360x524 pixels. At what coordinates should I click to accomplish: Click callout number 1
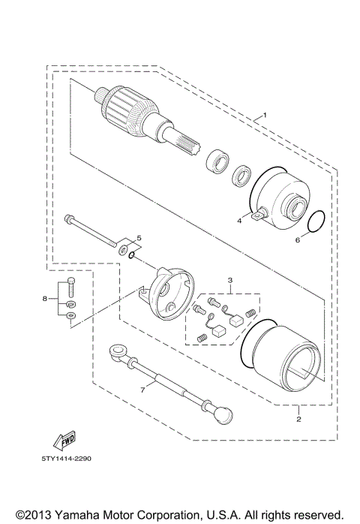click(263, 116)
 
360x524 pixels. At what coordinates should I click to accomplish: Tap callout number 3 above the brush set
click(231, 281)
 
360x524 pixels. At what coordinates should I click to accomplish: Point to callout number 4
click(240, 221)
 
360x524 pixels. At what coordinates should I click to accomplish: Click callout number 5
click(138, 238)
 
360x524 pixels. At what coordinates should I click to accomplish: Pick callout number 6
click(296, 240)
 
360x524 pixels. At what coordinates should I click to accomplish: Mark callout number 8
click(44, 299)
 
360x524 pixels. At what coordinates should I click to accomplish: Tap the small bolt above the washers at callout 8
click(70, 285)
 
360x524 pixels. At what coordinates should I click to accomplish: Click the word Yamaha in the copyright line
click(73, 513)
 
